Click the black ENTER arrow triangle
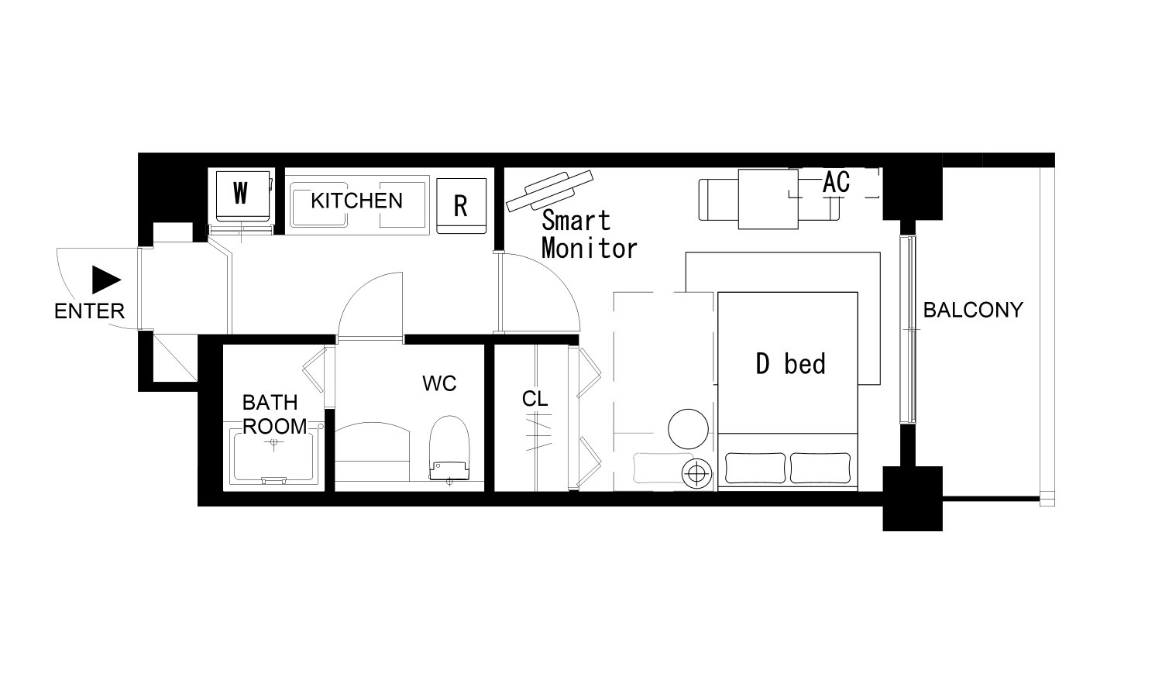tap(105, 280)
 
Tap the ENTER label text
tap(89, 311)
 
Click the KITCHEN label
tap(357, 201)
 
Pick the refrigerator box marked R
tap(461, 206)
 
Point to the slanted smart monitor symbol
tap(549, 191)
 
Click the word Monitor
tap(590, 249)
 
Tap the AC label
tap(836, 183)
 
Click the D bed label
tap(791, 364)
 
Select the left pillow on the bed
tap(755, 469)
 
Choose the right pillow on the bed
tap(820, 469)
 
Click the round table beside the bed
tap(689, 429)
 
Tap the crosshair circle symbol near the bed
tap(696, 473)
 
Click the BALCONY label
tap(973, 310)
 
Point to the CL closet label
tap(535, 400)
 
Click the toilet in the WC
tap(450, 448)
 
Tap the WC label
tap(439, 383)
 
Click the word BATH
tap(270, 403)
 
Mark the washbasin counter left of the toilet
tap(373, 452)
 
